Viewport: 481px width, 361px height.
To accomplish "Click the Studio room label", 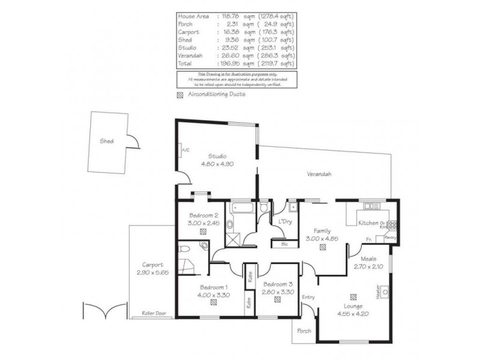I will (x=209, y=156).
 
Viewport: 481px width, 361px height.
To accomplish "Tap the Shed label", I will (x=107, y=142).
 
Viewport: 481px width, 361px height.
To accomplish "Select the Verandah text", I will (x=319, y=174).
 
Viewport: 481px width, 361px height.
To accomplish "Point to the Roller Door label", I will (x=154, y=313).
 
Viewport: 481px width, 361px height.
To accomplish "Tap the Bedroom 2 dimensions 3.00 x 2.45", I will (x=203, y=223).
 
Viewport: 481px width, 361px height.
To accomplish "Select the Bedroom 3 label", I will (x=277, y=284).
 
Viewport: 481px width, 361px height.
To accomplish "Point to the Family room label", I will (x=322, y=230).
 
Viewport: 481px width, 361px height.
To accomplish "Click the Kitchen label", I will (x=367, y=224).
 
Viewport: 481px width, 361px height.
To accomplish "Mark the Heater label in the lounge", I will (x=378, y=292).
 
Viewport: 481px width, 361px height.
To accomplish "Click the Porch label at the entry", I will (x=304, y=330).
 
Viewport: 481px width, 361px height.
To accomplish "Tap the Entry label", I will (x=308, y=297).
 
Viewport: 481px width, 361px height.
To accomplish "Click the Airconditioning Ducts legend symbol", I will (x=179, y=94).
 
